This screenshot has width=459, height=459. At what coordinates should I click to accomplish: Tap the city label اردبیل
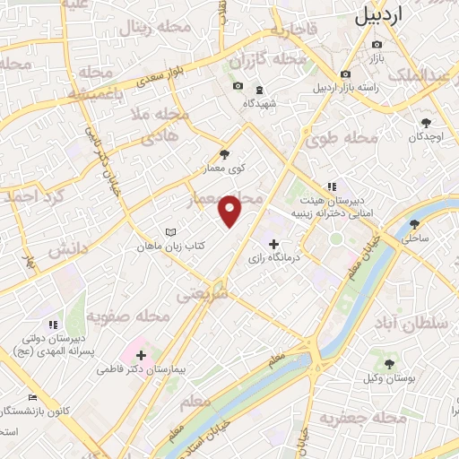coord(393,15)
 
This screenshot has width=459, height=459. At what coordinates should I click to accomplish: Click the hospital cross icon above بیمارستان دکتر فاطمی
coord(141,356)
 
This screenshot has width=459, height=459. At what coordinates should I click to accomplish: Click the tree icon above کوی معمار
coord(224,154)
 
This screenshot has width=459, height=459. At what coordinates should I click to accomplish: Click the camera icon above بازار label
coord(377,44)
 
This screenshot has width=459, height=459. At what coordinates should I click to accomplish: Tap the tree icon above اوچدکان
coord(426,123)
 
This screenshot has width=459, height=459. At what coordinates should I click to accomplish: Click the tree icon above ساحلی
coord(413,224)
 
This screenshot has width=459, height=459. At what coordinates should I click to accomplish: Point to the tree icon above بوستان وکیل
coord(390,364)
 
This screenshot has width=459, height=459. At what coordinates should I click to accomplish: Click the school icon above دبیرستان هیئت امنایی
coord(332,186)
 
